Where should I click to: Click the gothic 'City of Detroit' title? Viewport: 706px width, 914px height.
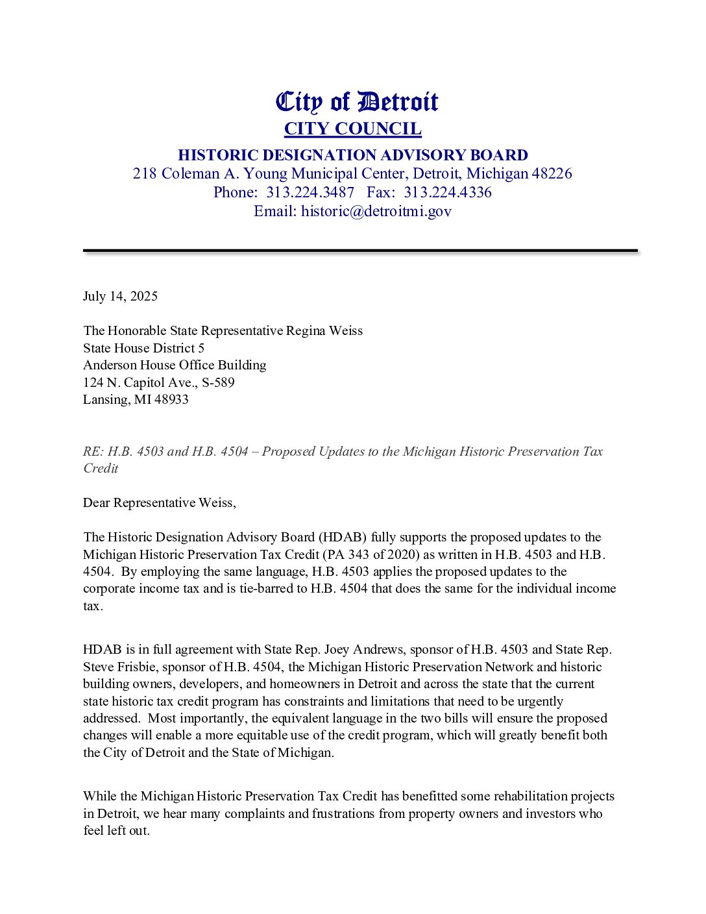(357, 102)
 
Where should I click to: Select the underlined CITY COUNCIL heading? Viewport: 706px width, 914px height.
(353, 129)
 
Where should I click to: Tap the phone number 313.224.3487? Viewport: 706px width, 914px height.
(310, 192)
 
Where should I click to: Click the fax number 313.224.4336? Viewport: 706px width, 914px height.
(448, 192)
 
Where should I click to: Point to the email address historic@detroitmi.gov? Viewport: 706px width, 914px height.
(376, 211)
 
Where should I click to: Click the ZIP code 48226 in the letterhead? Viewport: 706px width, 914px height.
(552, 173)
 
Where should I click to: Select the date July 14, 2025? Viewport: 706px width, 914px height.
(120, 296)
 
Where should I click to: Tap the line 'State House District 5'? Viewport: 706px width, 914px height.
(143, 348)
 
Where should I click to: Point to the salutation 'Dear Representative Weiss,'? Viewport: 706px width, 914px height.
(160, 502)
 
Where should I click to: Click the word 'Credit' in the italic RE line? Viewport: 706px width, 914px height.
(101, 468)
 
